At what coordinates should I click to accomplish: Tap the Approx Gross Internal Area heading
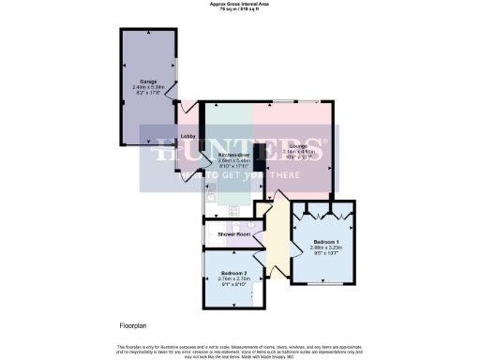point(240,5)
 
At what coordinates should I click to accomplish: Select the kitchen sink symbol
point(212,196)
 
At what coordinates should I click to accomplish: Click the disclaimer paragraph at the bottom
point(240,350)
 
